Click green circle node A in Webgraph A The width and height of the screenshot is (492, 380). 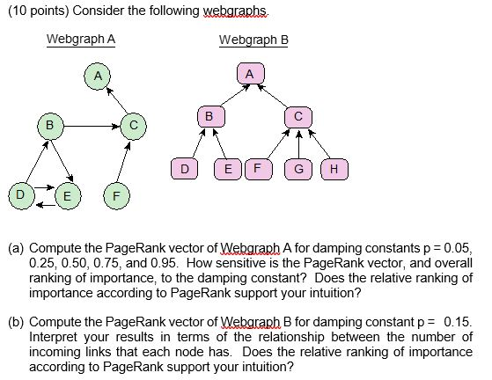point(99,77)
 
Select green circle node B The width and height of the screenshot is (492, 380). point(50,126)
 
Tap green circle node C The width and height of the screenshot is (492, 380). point(133,126)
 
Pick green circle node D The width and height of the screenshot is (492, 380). point(18,192)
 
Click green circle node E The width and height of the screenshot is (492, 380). point(67,194)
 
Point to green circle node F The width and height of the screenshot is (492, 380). point(115,194)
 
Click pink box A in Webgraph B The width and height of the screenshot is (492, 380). point(249,76)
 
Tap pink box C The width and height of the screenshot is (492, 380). point(298,115)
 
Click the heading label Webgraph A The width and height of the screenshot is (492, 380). point(80,40)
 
